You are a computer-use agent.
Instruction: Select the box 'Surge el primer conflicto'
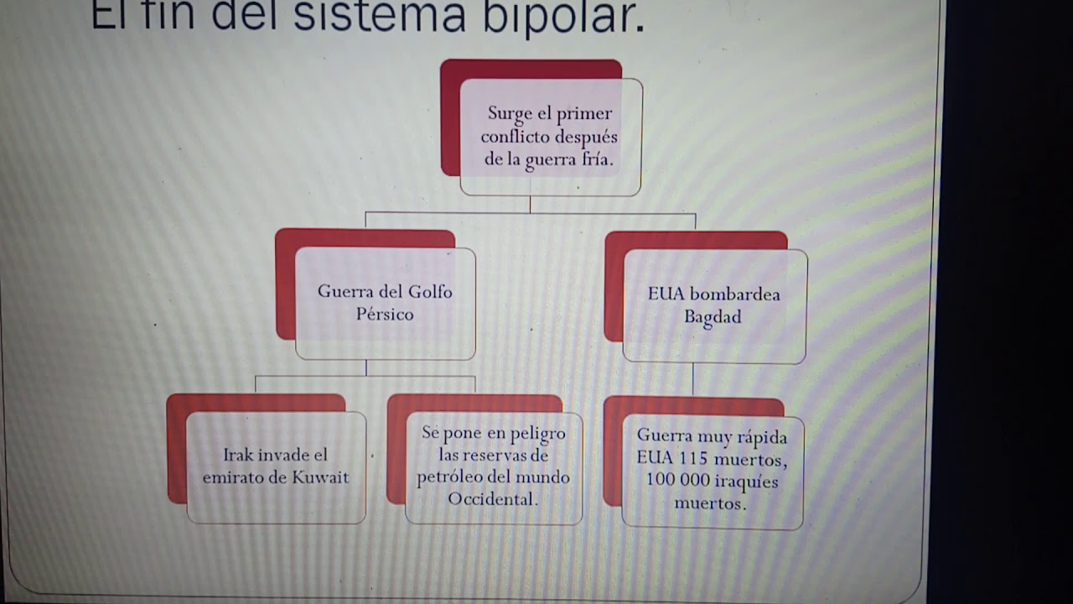click(550, 136)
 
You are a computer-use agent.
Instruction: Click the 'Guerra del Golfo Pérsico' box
click(385, 303)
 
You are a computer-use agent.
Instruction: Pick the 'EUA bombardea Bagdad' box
click(713, 305)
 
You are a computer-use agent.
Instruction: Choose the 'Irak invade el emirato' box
click(276, 466)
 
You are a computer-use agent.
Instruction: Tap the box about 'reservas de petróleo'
click(493, 467)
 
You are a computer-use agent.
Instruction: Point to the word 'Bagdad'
click(713, 317)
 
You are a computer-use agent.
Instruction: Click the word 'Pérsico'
click(385, 315)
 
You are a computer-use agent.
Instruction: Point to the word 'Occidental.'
click(492, 499)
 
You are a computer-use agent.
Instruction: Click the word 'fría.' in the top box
click(594, 159)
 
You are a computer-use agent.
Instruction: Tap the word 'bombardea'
click(735, 294)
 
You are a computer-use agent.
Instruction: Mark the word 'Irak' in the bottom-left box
click(238, 456)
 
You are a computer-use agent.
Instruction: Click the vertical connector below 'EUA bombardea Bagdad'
click(692, 379)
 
